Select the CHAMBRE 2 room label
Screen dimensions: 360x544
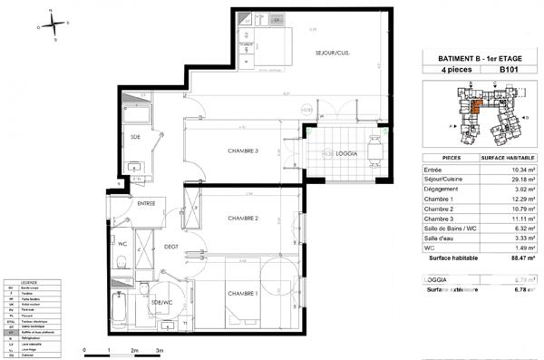click(244, 219)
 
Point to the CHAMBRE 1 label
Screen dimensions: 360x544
click(243, 293)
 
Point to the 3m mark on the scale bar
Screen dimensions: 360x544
click(160, 350)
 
